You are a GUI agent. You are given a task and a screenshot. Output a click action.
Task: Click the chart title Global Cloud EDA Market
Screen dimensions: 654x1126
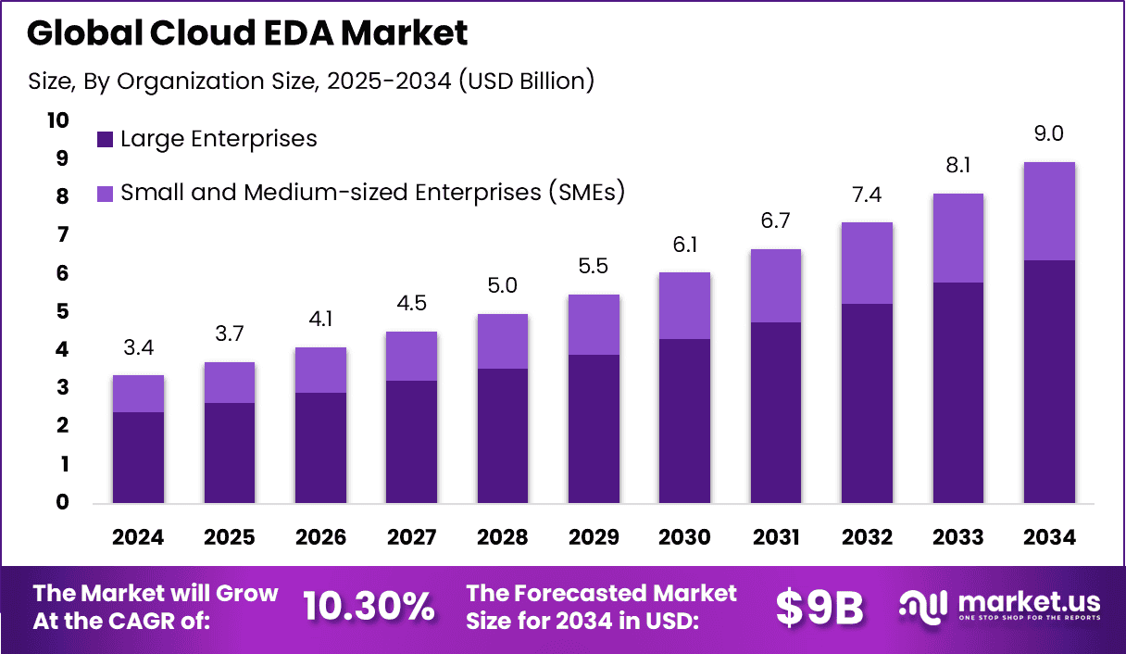247,33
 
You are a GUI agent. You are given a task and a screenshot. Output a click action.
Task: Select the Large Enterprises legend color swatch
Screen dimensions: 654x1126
105,140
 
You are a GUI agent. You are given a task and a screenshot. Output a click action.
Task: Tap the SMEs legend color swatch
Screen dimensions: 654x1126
105,194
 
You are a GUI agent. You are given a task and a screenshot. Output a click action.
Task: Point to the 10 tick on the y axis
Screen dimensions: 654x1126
57,120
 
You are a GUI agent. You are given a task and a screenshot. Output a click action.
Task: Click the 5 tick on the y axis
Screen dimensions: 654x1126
62,311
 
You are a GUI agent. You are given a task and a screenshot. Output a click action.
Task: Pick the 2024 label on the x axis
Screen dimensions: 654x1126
138,538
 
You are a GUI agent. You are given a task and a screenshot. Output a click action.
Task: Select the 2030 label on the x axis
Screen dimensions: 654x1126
684,538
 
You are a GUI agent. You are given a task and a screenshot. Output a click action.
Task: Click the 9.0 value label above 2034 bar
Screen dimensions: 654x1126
1049,133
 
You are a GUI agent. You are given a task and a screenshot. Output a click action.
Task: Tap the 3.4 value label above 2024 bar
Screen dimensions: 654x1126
138,348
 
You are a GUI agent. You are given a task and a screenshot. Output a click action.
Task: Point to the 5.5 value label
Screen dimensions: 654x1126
594,268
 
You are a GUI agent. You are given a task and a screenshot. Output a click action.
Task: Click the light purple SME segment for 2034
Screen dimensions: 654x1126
1049,211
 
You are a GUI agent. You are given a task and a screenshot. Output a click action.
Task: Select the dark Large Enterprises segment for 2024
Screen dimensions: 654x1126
138,458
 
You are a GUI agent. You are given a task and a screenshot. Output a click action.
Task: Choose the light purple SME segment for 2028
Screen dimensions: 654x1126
503,341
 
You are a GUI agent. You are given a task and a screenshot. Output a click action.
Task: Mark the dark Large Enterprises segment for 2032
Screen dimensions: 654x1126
867,403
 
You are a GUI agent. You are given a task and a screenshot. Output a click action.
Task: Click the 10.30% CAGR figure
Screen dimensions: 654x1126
369,607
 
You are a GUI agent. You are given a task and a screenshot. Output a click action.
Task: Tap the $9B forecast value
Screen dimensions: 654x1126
819,608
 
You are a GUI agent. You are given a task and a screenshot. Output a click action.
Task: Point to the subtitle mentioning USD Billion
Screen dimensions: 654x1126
310,82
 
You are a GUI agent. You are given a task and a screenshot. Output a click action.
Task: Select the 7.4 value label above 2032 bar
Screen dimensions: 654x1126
867,195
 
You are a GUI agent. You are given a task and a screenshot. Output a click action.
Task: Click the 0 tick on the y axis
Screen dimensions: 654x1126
62,502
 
